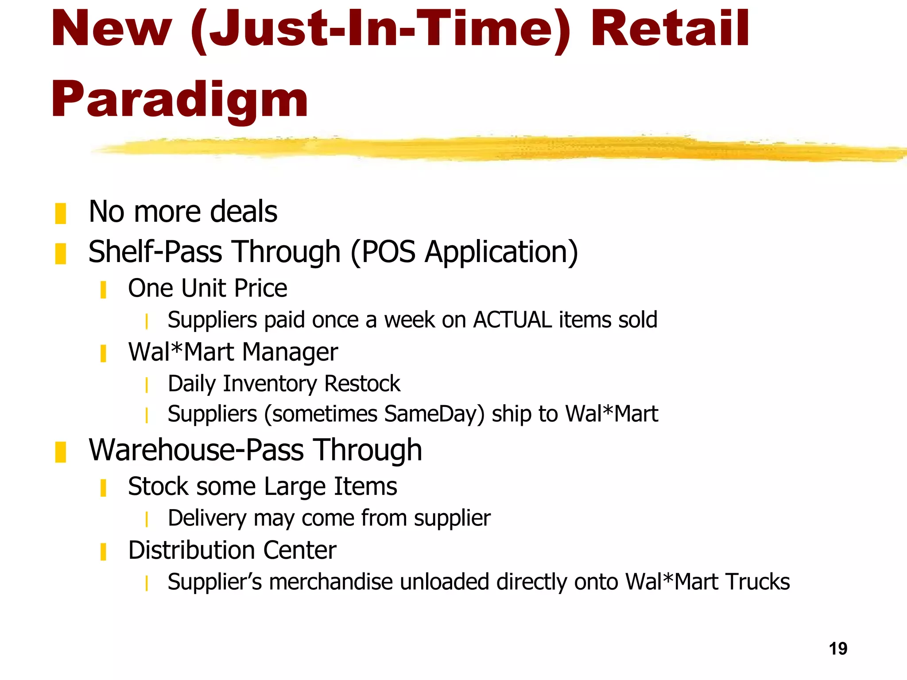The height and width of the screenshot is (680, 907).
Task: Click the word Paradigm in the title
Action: [x=179, y=100]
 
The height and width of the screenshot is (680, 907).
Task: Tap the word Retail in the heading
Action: [x=670, y=29]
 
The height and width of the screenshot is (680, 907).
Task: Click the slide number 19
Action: [x=838, y=649]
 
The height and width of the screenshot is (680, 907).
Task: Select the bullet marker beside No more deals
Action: [x=61, y=213]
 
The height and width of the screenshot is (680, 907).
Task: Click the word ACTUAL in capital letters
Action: [x=512, y=320]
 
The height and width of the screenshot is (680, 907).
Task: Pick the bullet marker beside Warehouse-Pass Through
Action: [x=61, y=452]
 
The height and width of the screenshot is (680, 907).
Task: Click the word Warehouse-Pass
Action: [x=196, y=450]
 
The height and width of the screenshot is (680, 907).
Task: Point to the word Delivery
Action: [x=207, y=518]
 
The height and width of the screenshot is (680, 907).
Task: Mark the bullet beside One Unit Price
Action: [x=103, y=290]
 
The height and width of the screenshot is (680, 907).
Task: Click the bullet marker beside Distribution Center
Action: [x=103, y=552]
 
